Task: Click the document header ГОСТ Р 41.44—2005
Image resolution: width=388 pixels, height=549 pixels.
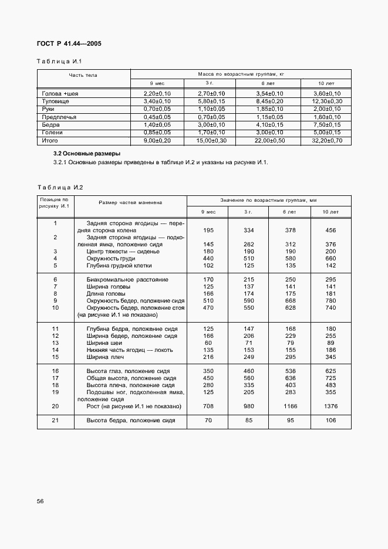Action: click(x=65, y=43)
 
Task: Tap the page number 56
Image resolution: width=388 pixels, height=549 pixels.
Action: click(x=41, y=501)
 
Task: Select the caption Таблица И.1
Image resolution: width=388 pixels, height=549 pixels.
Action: click(x=55, y=62)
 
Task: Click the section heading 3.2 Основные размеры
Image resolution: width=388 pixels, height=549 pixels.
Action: click(x=86, y=153)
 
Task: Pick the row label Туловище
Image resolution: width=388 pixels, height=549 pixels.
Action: click(x=53, y=101)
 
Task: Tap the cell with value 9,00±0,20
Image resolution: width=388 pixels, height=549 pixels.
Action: click(x=157, y=141)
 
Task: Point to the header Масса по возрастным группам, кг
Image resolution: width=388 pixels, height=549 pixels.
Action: click(x=241, y=74)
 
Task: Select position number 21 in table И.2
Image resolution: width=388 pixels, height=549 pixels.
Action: click(x=55, y=421)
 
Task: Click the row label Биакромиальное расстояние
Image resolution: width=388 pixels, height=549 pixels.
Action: click(x=127, y=279)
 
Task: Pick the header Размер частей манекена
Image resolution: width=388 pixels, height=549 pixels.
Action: click(x=130, y=202)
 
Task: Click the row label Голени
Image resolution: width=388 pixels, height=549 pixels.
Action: click(x=50, y=133)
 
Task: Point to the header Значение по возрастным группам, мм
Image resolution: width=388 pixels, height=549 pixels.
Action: click(x=268, y=200)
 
